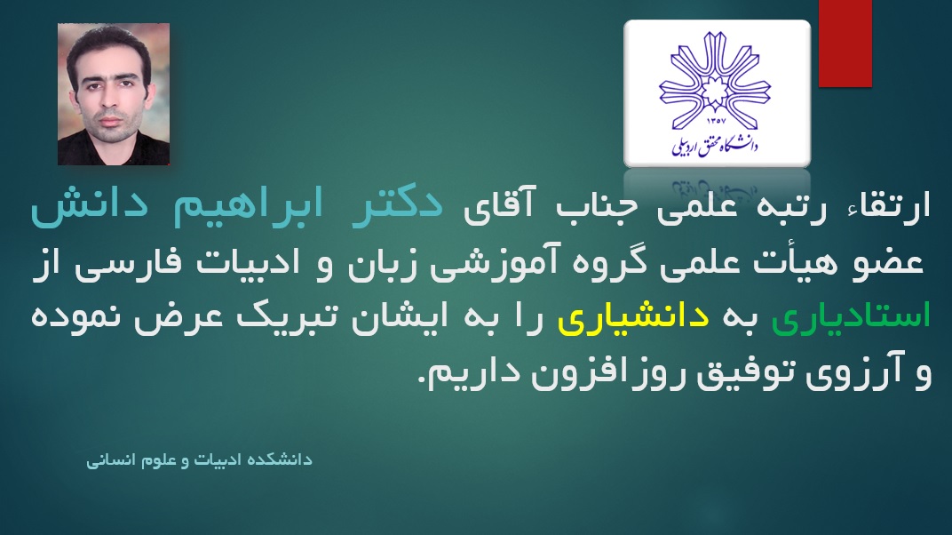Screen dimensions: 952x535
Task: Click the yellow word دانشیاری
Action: point(633,319)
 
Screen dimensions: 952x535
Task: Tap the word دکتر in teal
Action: point(398,205)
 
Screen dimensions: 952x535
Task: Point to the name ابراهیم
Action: point(248,205)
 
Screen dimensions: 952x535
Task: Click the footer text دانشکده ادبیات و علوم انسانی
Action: point(199,460)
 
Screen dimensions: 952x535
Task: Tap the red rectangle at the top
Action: point(845,44)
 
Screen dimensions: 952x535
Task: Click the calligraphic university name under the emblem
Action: point(715,146)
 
